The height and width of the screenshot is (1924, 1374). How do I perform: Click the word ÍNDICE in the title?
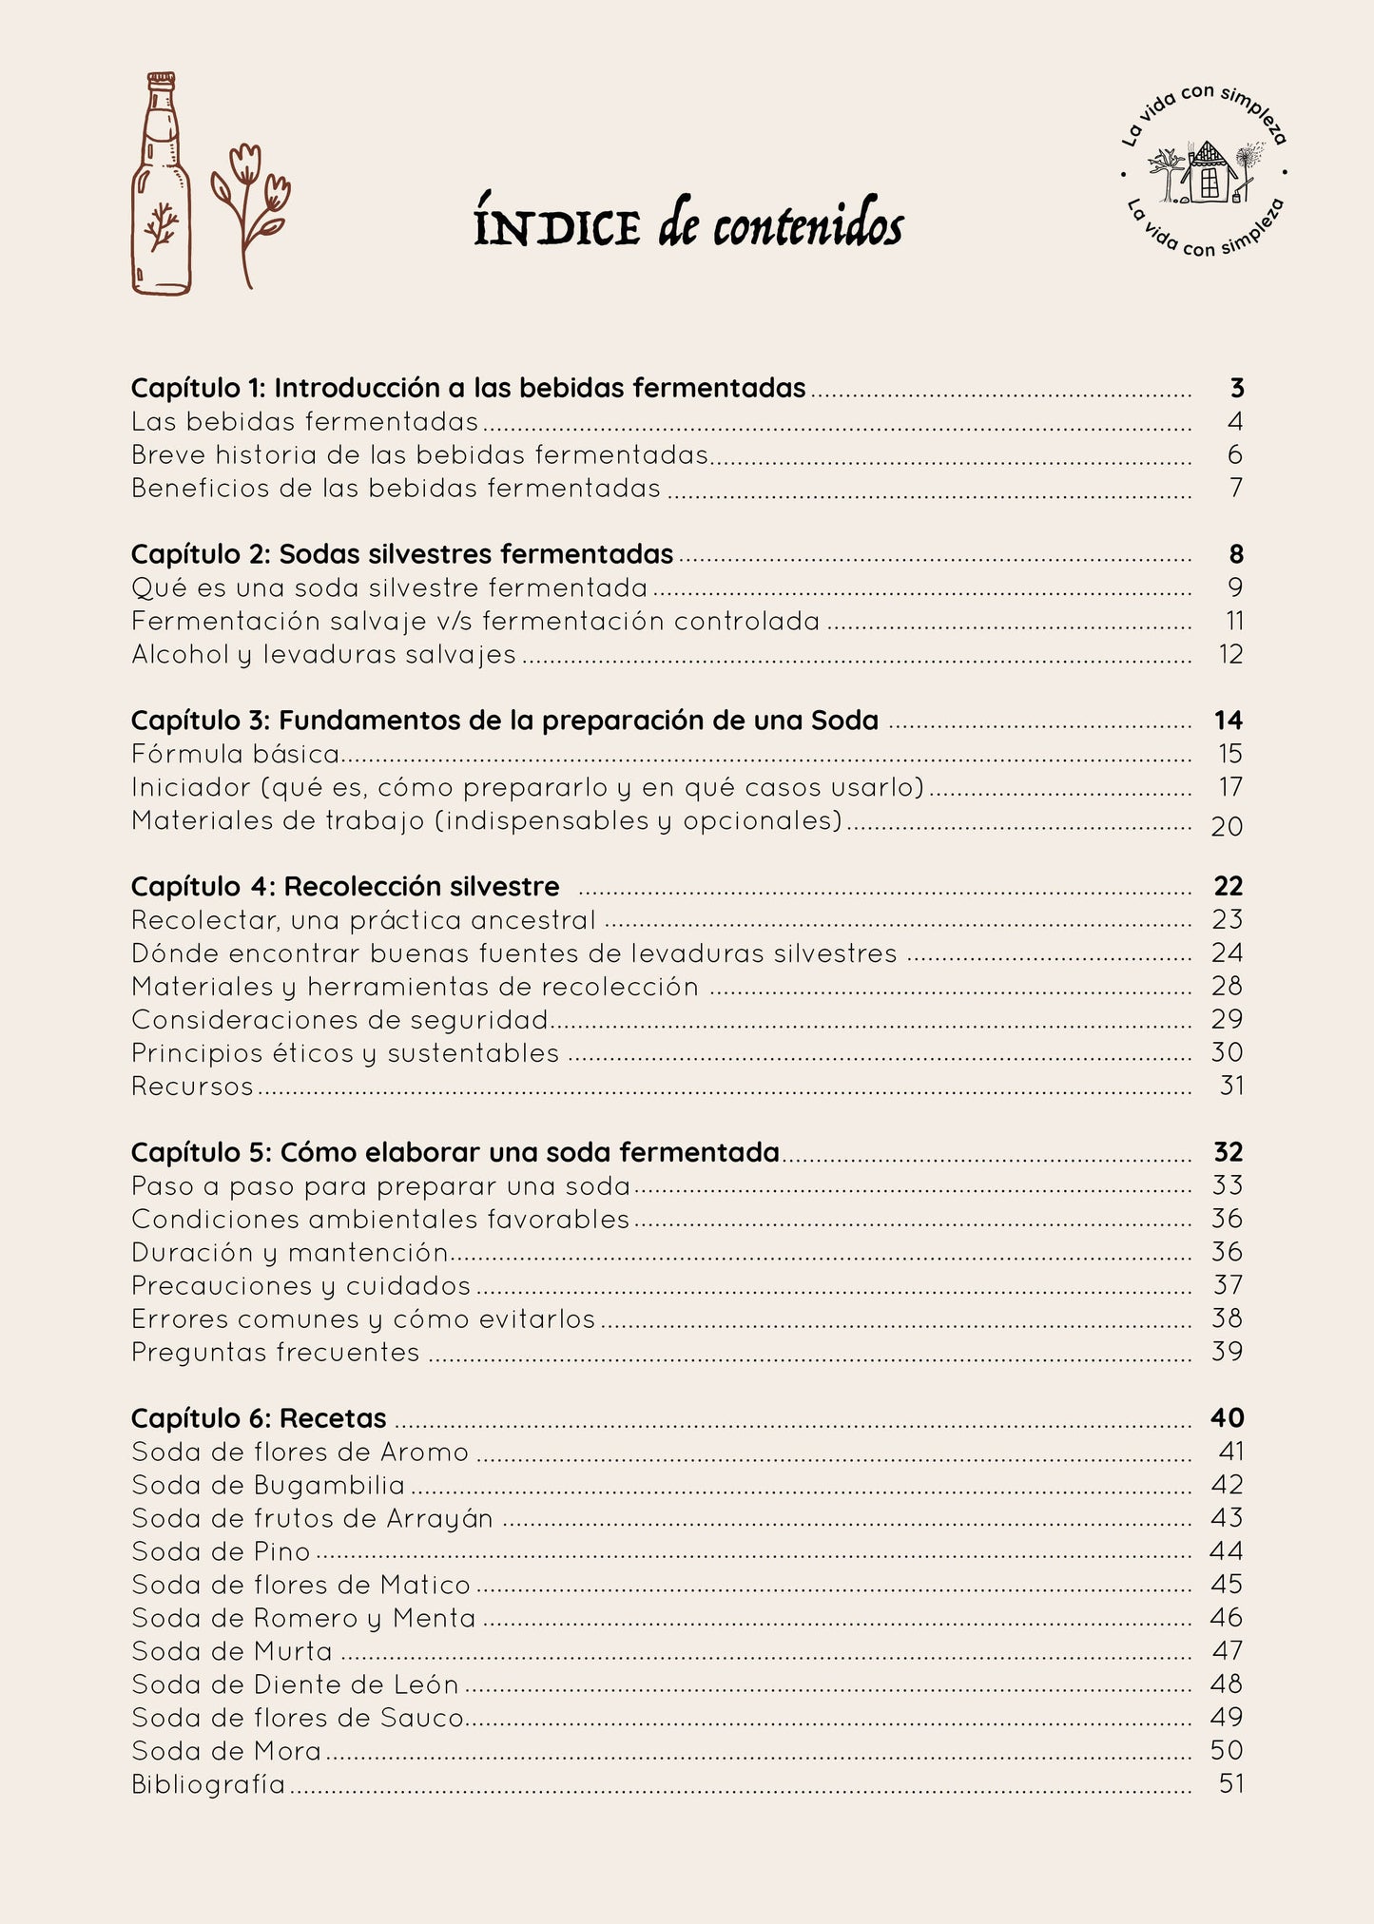point(557,227)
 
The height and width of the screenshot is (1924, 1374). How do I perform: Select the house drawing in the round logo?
point(1206,172)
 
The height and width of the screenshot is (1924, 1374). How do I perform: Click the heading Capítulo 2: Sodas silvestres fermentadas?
point(402,554)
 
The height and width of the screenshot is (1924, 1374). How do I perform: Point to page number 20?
point(1227,826)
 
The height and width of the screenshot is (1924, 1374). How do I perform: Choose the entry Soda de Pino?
point(222,1551)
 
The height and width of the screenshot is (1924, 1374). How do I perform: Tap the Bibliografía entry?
point(208,1784)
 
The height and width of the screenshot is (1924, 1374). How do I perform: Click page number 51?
point(1230,1784)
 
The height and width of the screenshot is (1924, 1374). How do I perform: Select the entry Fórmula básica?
point(236,754)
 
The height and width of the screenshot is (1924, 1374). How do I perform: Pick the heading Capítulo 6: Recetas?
point(259,1418)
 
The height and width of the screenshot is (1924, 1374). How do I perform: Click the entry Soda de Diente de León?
point(295,1684)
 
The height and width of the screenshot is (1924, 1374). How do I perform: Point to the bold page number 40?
point(1227,1418)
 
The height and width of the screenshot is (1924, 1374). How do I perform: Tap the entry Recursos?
point(193,1086)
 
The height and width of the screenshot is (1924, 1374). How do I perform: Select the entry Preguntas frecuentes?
point(276,1352)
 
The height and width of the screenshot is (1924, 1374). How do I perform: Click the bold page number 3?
point(1236,388)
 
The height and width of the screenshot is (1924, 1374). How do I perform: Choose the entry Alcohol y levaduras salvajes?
point(323,654)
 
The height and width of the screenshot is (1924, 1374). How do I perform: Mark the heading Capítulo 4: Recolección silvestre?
point(345,887)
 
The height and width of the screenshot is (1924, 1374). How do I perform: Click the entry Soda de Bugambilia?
point(268,1485)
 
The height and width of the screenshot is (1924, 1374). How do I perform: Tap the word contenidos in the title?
point(807,227)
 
